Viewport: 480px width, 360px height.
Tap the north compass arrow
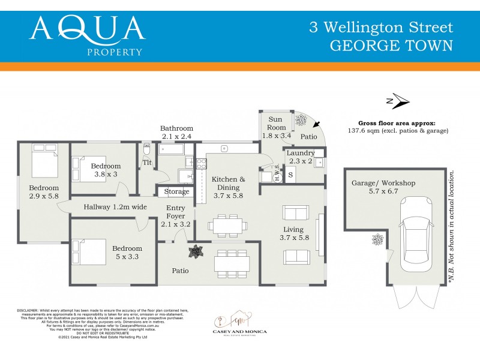tap(398, 101)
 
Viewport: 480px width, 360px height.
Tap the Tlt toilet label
tap(146, 163)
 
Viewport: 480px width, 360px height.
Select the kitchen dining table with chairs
tap(227, 225)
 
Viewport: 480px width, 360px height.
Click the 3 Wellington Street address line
tap(380, 28)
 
